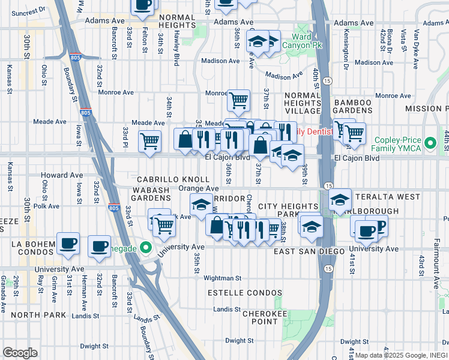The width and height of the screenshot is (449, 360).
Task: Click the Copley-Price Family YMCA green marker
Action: (x=430, y=144)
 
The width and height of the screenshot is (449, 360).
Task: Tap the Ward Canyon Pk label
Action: (x=310, y=41)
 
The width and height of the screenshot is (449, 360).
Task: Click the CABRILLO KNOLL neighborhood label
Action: (x=173, y=179)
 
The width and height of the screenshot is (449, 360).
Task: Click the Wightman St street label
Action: (x=222, y=278)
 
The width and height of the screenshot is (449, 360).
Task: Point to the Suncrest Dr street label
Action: (x=23, y=11)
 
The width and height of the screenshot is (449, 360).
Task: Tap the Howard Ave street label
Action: (x=62, y=176)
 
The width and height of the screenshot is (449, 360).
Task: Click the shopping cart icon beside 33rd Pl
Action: (x=149, y=142)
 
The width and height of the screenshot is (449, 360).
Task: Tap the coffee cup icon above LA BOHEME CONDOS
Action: (x=68, y=242)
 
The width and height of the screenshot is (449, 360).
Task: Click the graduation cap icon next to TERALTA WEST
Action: (x=340, y=199)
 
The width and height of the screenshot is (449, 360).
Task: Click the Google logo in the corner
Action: (x=20, y=353)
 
